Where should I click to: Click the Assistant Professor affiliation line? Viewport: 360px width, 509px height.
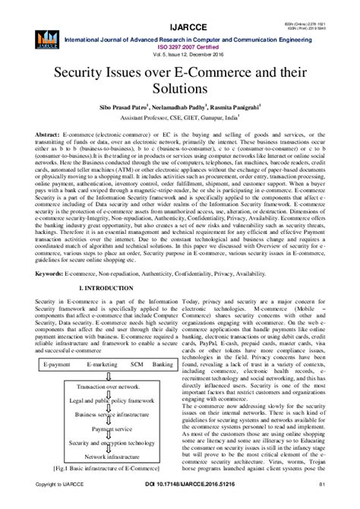(180, 120)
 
